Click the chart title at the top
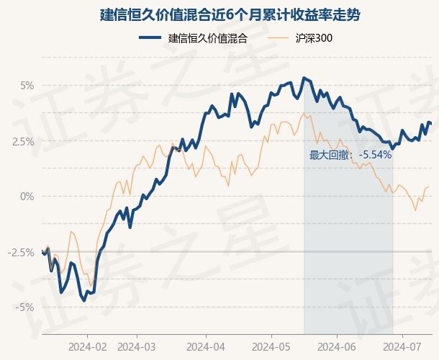tap(219, 14)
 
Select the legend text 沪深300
tap(313, 39)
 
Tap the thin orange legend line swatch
tap(280, 39)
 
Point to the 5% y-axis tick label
tap(27, 86)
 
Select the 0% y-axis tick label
tap(27, 196)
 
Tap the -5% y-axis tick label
tap(25, 307)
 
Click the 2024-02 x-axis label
tap(87, 346)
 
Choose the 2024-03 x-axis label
tap(141, 346)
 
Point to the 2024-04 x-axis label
tap(206, 346)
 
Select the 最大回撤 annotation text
tap(330, 154)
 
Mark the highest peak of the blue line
tap(304, 78)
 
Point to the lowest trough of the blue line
tap(85, 300)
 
